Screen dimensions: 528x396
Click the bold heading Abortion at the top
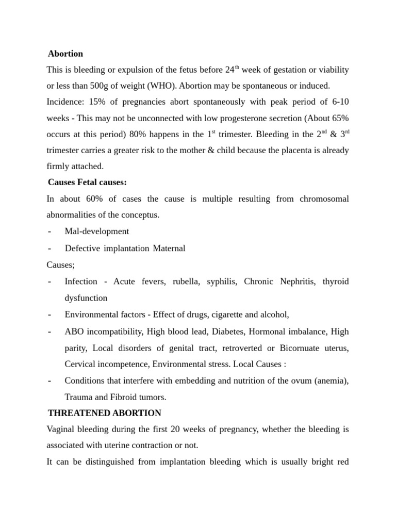pos(65,54)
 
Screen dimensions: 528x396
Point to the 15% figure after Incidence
pos(97,102)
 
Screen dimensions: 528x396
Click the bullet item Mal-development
pos(97,231)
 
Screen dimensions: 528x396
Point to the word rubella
pos(185,282)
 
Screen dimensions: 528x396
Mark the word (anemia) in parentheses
pos(330,381)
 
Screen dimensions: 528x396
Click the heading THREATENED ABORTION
pos(105,413)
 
